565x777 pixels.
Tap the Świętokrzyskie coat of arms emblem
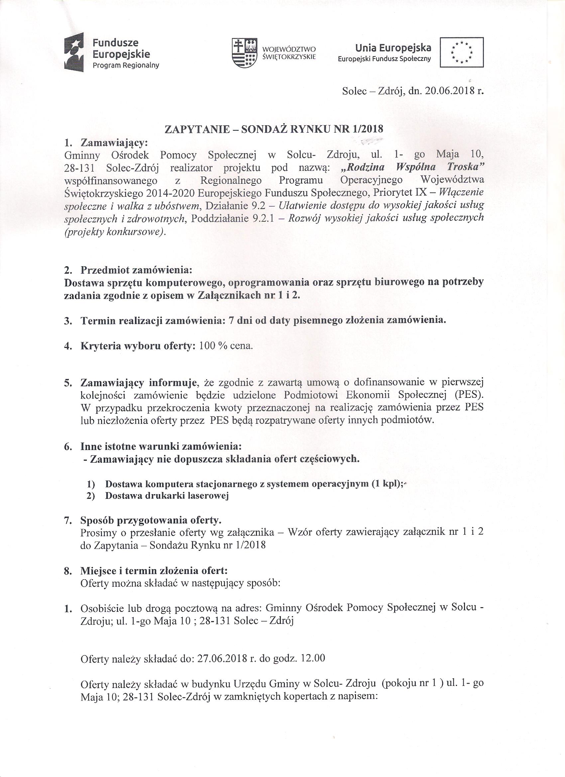coord(245,54)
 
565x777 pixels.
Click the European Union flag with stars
coord(462,52)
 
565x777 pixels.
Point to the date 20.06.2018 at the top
coord(447,91)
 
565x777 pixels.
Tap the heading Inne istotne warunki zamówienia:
coord(161,447)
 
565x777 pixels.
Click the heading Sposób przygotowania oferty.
coord(151,520)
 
